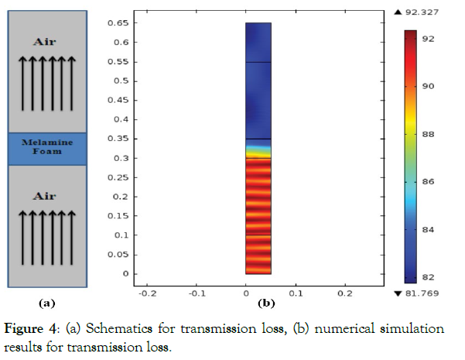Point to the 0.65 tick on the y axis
(x=119, y=23)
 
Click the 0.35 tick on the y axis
(x=119, y=139)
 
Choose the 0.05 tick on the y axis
(x=119, y=254)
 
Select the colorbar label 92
(x=426, y=38)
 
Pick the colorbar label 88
(x=426, y=134)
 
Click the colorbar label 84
(x=426, y=229)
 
